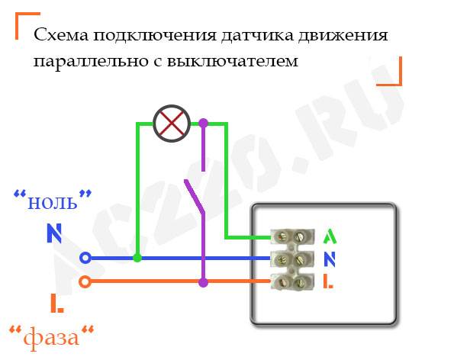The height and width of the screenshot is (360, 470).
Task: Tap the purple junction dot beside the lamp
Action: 203,123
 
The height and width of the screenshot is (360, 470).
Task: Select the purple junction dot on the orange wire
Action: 203,282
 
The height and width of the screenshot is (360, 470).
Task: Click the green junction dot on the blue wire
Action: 137,258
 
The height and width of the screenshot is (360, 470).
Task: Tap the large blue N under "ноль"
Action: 54,233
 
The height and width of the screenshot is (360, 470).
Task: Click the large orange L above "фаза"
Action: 57,304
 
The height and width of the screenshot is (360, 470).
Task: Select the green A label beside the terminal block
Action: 330,236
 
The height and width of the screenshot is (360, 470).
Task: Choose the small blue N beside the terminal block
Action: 330,259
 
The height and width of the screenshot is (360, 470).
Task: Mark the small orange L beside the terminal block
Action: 328,281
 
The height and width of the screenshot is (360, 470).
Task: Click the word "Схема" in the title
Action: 61,35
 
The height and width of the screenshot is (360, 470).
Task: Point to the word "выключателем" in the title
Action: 232,61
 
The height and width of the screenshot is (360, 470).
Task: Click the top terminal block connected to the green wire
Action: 292,236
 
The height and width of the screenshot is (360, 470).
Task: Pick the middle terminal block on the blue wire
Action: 292,259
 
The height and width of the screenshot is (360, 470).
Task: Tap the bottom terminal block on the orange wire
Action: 292,281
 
